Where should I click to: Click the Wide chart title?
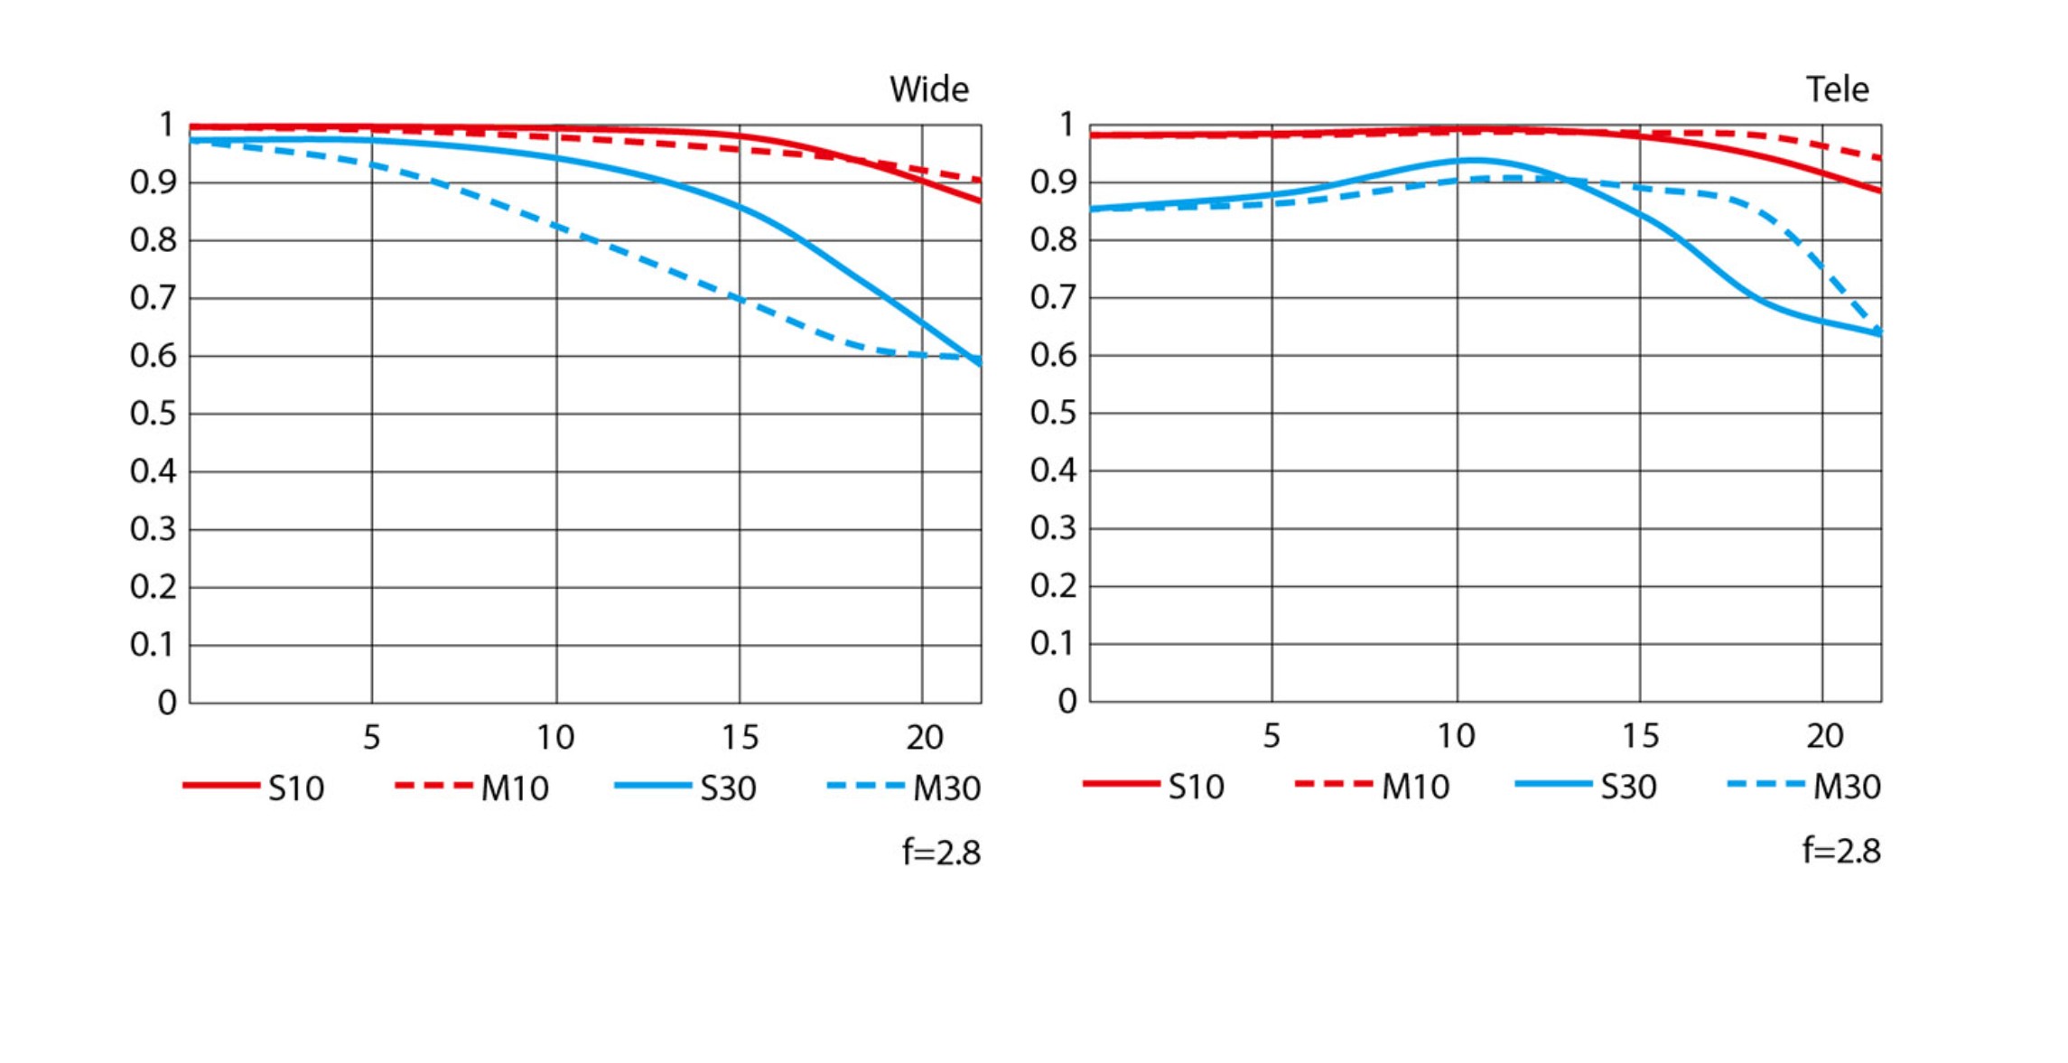[928, 89]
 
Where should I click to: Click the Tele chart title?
[1837, 89]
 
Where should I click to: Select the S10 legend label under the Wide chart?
[296, 788]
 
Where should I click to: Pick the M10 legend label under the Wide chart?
[515, 788]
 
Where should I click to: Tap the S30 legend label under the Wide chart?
[728, 788]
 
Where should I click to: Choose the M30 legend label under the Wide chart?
[946, 788]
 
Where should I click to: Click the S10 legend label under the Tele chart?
[1197, 787]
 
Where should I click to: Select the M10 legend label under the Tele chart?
[1415, 787]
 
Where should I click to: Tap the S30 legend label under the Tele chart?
[1628, 787]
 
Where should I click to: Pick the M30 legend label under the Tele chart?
[1847, 787]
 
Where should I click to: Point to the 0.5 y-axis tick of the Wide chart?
[153, 414]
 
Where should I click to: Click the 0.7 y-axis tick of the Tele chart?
[1053, 297]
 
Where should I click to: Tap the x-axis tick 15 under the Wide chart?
[740, 738]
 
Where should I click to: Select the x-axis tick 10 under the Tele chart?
[1456, 736]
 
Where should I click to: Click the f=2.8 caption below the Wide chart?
[941, 853]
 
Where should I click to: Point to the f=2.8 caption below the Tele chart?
[1841, 851]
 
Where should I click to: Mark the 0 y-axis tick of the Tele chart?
[1067, 701]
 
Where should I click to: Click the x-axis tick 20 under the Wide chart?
[925, 738]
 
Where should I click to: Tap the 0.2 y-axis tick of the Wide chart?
[153, 587]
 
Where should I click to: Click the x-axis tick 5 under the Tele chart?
[1272, 736]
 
